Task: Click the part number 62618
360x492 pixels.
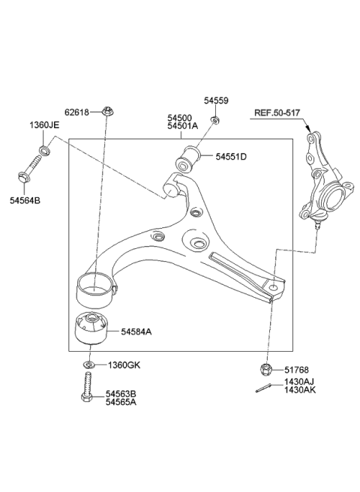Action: point(76,112)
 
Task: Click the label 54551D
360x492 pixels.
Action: point(232,157)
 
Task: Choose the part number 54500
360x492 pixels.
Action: point(180,118)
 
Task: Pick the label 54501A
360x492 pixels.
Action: point(182,127)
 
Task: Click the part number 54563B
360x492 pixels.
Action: point(121,392)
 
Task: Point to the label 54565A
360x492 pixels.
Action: point(121,402)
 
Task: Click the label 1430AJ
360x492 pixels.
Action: point(300,382)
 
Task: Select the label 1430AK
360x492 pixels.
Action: point(300,391)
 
